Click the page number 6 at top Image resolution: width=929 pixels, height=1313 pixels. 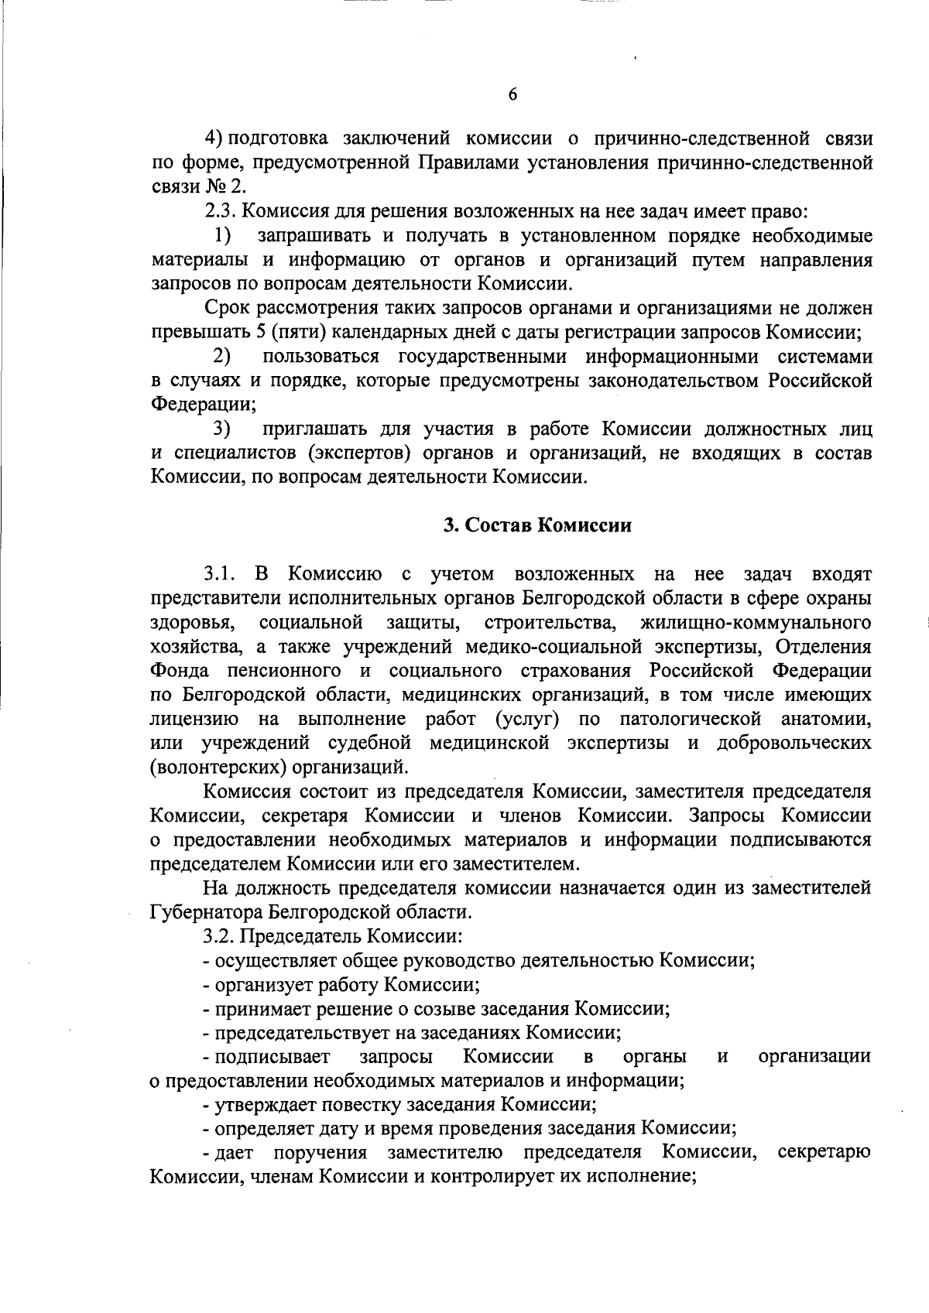click(x=512, y=94)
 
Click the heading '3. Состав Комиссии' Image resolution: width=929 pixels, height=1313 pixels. click(x=537, y=525)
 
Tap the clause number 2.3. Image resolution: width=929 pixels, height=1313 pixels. click(x=219, y=211)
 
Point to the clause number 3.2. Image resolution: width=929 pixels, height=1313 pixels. click(x=219, y=936)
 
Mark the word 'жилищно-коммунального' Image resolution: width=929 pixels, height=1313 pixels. click(x=756, y=622)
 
